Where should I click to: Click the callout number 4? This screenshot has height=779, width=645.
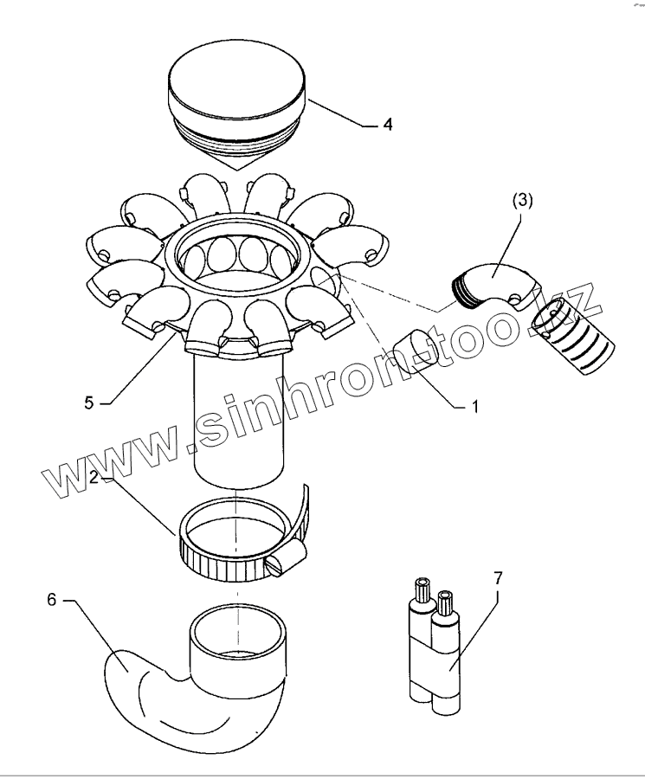[388, 125]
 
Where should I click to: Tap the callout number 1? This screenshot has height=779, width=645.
[474, 404]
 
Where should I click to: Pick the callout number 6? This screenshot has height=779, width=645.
[52, 599]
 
